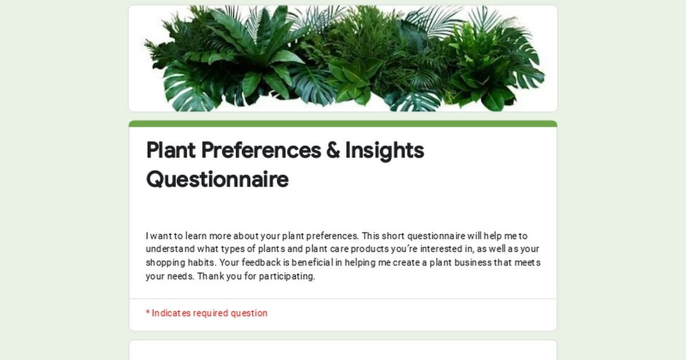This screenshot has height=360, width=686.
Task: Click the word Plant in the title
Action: point(171,150)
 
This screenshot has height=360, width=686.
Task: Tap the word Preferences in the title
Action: point(261,150)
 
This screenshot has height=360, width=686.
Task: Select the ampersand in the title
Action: point(333,150)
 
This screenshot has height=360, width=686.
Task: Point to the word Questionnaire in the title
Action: point(217,179)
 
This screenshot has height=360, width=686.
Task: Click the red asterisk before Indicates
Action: point(147,312)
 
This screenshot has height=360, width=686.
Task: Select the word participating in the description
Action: point(287,277)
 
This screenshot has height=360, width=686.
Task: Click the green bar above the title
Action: point(343,123)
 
